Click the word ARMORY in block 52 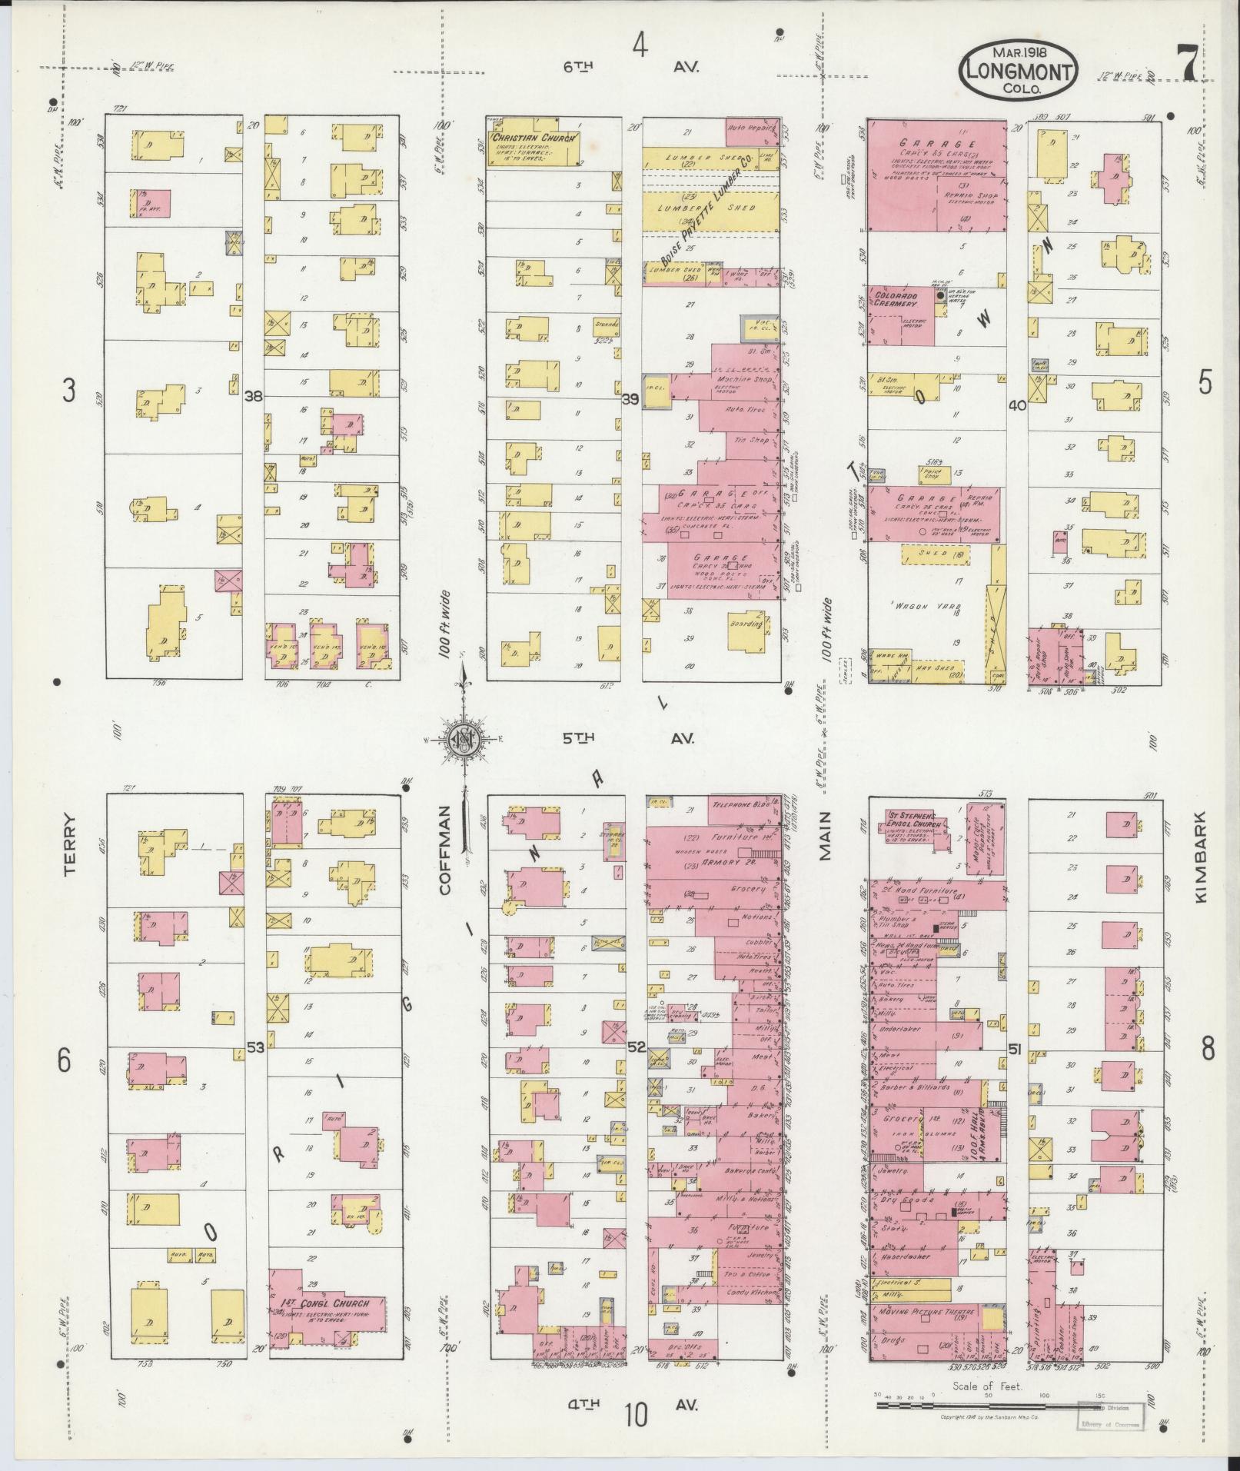pyautogui.click(x=728, y=862)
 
